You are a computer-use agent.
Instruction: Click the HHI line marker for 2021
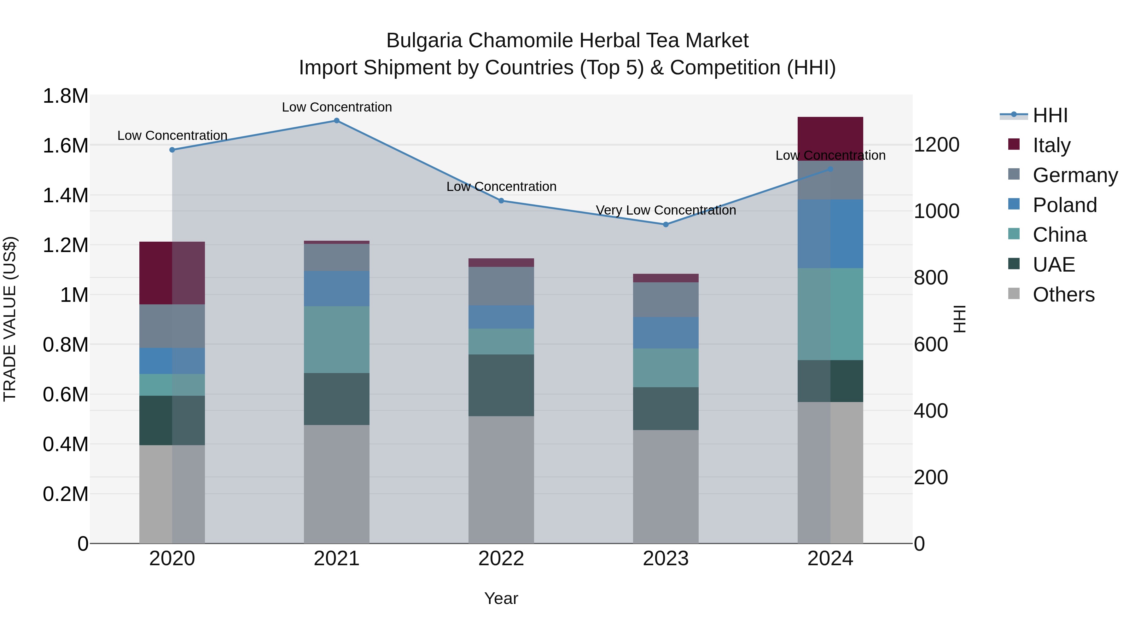pos(337,121)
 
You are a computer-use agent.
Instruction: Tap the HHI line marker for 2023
pos(666,225)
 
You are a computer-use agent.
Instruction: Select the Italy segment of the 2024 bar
pos(830,139)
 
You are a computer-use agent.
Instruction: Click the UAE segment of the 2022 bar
pos(501,385)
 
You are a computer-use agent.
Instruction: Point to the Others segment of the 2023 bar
pos(666,486)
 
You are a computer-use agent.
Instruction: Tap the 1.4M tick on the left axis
pos(66,195)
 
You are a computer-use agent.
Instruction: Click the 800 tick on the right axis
pos(931,278)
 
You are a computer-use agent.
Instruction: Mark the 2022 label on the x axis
pos(501,559)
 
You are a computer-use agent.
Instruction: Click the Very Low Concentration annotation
pos(666,210)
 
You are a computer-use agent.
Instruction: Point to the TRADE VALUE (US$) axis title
pos(10,319)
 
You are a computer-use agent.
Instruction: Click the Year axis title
pos(501,599)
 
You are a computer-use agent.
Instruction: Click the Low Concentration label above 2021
pos(337,107)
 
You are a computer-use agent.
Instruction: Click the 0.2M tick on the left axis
pos(66,494)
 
